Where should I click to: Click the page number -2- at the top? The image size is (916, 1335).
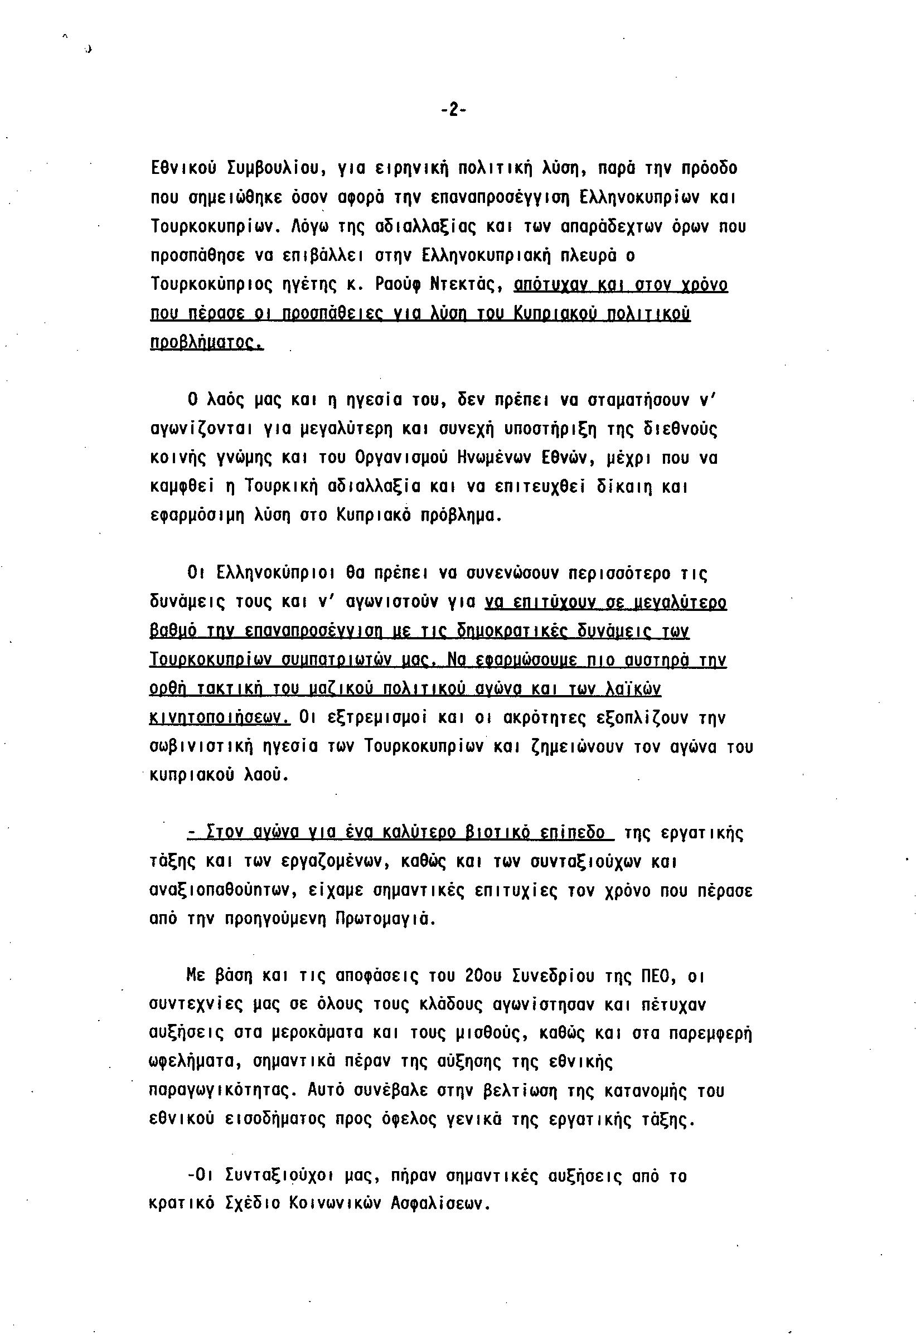click(453, 110)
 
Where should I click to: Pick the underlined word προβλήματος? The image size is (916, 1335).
click(206, 343)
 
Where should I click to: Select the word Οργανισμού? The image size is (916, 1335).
click(399, 458)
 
